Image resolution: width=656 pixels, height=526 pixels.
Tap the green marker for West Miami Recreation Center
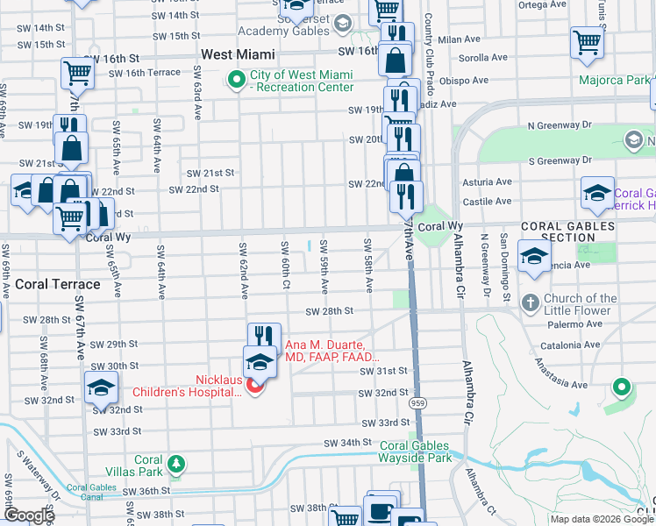coord(236,81)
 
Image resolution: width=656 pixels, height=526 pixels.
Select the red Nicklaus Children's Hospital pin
coord(255,386)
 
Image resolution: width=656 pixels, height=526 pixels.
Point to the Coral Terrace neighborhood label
coord(57,285)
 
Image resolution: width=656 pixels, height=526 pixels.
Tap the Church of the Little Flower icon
coord(529,303)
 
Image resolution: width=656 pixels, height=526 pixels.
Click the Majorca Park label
coord(614,81)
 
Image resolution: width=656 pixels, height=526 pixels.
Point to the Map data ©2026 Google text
coord(602,519)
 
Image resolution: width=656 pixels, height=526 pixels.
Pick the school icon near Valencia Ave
coord(533,258)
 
